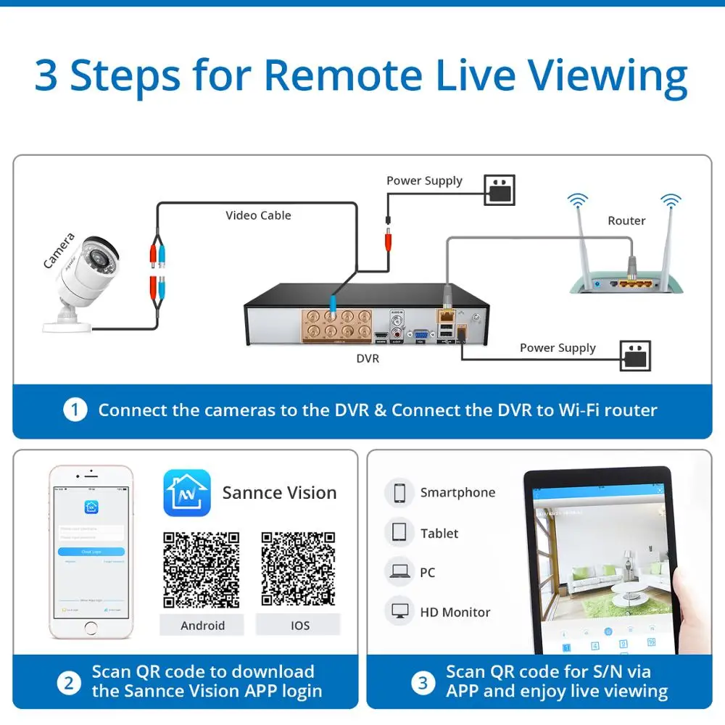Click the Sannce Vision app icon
(187, 493)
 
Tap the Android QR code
(202, 570)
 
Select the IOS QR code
(299, 570)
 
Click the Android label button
(202, 625)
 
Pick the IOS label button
(299, 625)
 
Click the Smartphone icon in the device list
(399, 493)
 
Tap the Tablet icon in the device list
(399, 533)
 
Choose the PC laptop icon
(399, 572)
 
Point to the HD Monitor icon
(399, 611)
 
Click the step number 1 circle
(75, 410)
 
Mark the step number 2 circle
(69, 682)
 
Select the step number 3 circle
(423, 682)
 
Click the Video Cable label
(258, 215)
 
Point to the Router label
(626, 220)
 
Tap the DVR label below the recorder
(368, 358)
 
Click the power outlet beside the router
(499, 190)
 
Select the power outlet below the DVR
(635, 355)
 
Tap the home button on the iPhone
(91, 627)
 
